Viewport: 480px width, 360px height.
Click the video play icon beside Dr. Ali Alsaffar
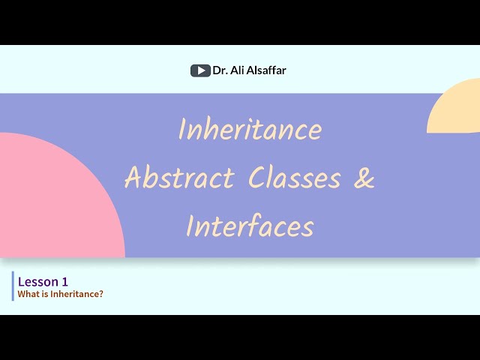coord(199,70)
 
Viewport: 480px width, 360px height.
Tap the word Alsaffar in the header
coord(265,70)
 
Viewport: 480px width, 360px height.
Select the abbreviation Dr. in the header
coord(219,70)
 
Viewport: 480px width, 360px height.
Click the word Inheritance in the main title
coord(250,130)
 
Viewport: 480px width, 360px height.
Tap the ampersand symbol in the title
coord(364,178)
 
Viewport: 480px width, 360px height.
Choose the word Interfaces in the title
coord(250,226)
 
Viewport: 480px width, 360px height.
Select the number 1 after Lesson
coord(65,281)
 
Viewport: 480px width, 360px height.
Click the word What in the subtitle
coord(28,294)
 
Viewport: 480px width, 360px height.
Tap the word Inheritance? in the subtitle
coord(77,294)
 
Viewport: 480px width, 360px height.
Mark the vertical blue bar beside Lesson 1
coord(13,286)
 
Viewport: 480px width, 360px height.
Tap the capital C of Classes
coord(258,178)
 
